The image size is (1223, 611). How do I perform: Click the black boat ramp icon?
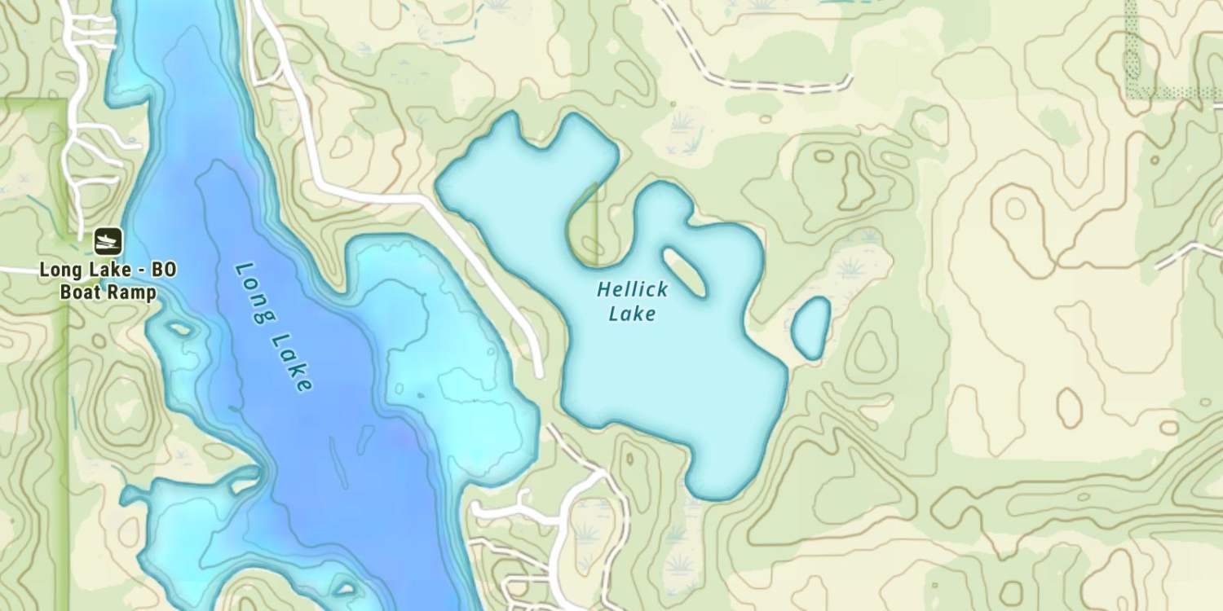[x=108, y=240]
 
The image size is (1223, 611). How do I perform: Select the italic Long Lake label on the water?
[x=273, y=326]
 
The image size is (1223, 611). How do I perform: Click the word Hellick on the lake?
[x=633, y=289]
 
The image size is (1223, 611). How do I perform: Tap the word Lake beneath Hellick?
[x=632, y=314]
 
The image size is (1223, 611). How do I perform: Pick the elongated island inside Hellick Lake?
[x=685, y=272]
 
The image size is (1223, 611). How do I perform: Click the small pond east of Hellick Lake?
[x=810, y=328]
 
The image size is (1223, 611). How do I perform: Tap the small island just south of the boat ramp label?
[x=178, y=329]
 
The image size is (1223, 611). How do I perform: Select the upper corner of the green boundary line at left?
[x=65, y=101]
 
